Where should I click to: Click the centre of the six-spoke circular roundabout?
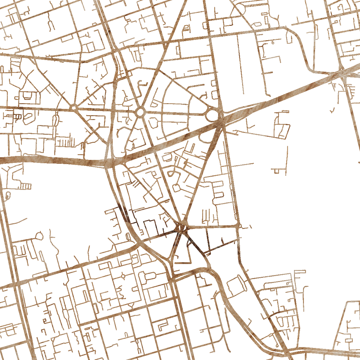[x=140, y=112]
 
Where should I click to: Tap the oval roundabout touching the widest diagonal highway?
[x=212, y=115]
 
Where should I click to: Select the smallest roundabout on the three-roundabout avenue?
[x=73, y=107]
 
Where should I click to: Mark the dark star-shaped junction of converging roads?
[x=181, y=228]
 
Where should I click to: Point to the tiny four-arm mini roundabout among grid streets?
[x=123, y=276]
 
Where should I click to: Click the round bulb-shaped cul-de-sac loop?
[x=39, y=236]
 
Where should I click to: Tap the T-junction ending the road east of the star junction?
[x=238, y=226]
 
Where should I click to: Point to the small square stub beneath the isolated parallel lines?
[x=276, y=171]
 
